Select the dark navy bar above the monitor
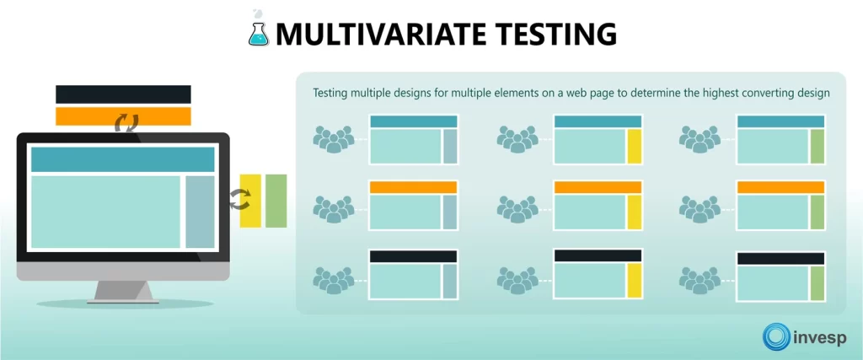(123, 94)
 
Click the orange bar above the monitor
(123, 116)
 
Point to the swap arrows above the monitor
(126, 125)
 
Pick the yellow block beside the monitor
(250, 201)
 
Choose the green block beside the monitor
(276, 201)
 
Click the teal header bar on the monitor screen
(123, 159)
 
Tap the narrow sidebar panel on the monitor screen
(200, 212)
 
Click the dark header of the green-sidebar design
(780, 259)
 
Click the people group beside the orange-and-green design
(700, 207)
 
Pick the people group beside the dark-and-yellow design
(517, 278)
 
